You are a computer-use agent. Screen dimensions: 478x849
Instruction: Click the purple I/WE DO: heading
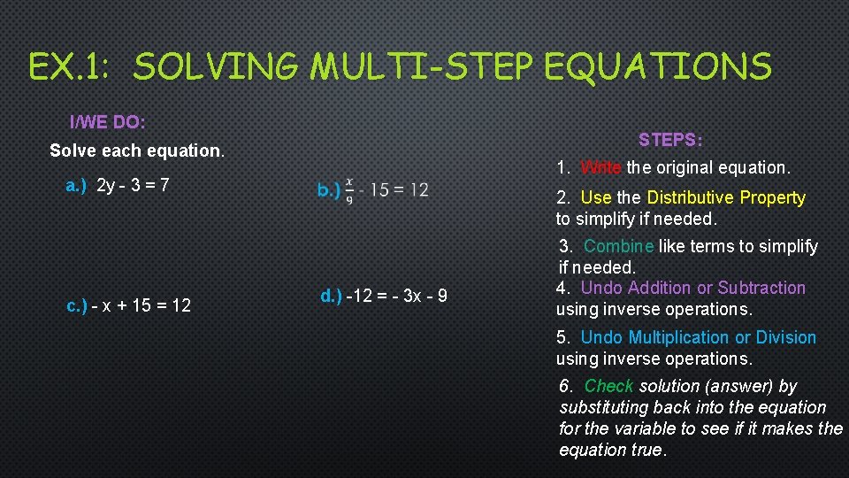point(108,120)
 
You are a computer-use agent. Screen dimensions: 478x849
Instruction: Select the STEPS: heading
point(670,141)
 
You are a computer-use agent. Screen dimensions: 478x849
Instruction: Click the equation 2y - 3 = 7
point(133,186)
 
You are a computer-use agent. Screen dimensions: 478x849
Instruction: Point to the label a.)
point(77,186)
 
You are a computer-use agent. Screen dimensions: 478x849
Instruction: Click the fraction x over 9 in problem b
point(349,190)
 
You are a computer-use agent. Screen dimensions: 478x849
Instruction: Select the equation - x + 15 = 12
point(142,306)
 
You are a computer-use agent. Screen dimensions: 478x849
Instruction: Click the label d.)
point(331,296)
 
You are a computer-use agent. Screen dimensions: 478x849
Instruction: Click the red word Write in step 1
point(601,167)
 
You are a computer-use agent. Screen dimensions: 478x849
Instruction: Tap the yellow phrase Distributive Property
point(726,198)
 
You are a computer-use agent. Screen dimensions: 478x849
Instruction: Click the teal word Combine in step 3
point(619,246)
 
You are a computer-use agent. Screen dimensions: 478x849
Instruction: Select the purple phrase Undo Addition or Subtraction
point(692,288)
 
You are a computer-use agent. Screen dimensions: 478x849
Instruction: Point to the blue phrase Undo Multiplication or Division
point(698,337)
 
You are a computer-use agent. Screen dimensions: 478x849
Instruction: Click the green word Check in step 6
point(608,386)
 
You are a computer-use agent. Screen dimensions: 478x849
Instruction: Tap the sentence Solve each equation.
point(137,150)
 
